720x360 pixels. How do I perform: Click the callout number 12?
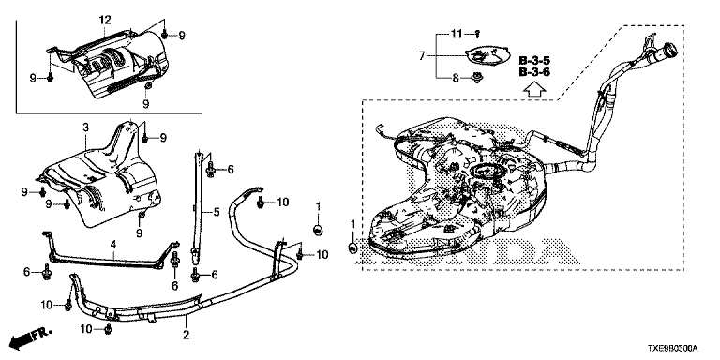(105, 20)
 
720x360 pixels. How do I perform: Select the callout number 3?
(85, 128)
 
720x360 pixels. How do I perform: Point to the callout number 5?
(217, 212)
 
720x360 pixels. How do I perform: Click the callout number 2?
(186, 335)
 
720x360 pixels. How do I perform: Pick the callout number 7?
(422, 56)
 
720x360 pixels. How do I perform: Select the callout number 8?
(456, 78)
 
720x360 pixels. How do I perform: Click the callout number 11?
(456, 34)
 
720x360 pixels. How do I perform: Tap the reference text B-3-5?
(534, 61)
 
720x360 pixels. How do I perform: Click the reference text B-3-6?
(534, 72)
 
